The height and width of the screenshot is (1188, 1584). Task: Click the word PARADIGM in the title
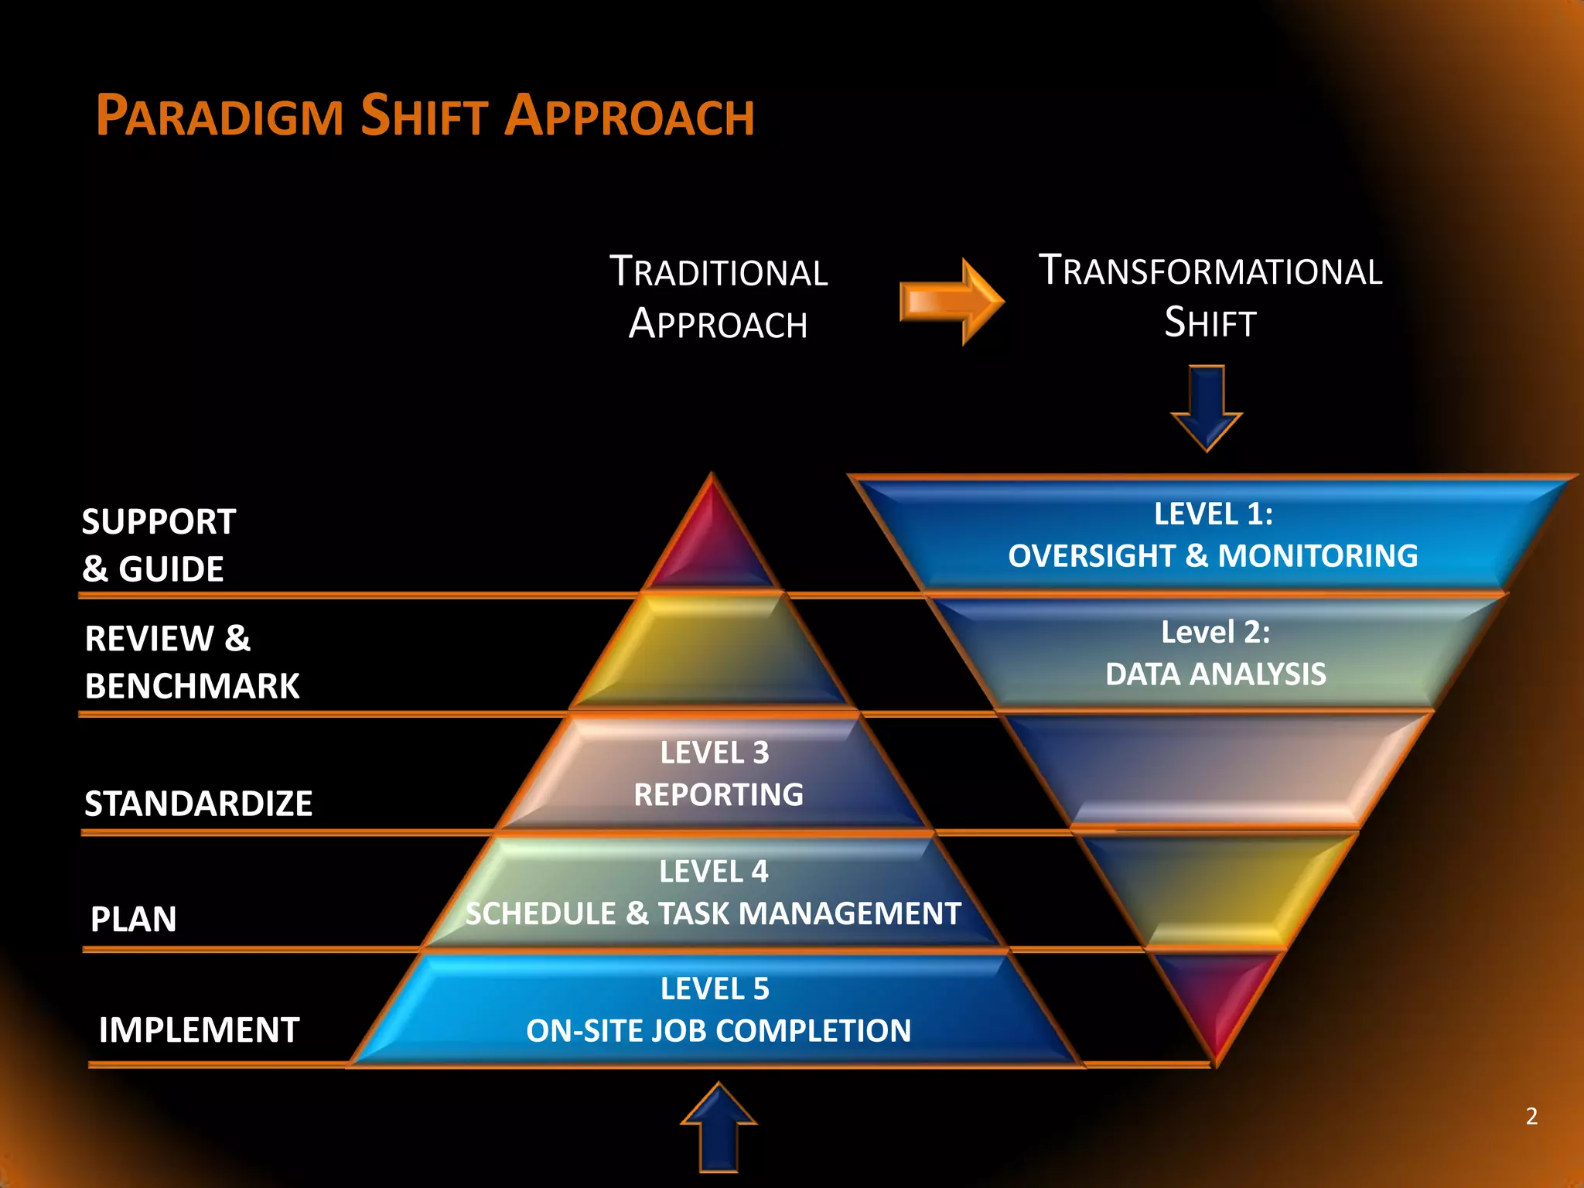[x=220, y=117]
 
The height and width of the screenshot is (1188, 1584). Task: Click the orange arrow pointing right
[x=951, y=302]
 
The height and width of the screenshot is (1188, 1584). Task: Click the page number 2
[x=1531, y=1116]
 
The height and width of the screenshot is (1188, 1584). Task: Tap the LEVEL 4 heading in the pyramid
[x=713, y=872]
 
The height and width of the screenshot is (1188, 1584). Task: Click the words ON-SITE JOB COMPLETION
[x=719, y=1031]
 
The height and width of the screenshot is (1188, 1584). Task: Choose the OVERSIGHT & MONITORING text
[x=1213, y=556]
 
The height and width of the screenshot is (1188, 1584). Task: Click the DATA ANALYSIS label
[x=1215, y=674]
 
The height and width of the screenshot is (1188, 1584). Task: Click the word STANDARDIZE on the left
[x=199, y=804]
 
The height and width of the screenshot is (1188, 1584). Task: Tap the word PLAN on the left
[x=134, y=920]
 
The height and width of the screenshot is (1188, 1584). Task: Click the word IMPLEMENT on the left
[x=199, y=1030]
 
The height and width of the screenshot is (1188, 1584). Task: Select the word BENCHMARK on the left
[x=192, y=686]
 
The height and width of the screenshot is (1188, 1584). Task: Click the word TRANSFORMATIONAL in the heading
[x=1210, y=271]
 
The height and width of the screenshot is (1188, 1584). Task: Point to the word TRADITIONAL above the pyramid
[x=719, y=273]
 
